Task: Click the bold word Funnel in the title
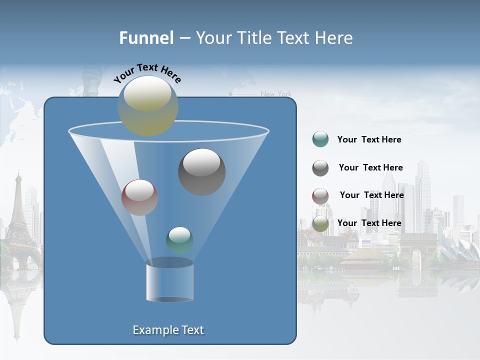pos(146,38)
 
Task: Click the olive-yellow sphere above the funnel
pos(148,106)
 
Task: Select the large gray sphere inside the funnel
pos(202,172)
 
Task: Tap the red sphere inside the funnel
pos(139,197)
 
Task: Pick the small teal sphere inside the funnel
pos(179,240)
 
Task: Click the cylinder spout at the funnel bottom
pos(169,281)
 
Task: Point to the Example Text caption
pos(168,330)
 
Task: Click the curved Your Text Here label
pos(147,73)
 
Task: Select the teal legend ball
pos(320,139)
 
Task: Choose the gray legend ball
pos(320,168)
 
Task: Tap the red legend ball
pos(320,196)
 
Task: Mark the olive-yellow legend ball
pos(320,223)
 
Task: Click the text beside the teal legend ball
pos(369,139)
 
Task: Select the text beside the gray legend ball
pos(370,167)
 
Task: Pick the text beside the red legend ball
pos(371,195)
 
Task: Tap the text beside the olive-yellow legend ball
pos(369,223)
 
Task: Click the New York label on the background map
pos(276,94)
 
